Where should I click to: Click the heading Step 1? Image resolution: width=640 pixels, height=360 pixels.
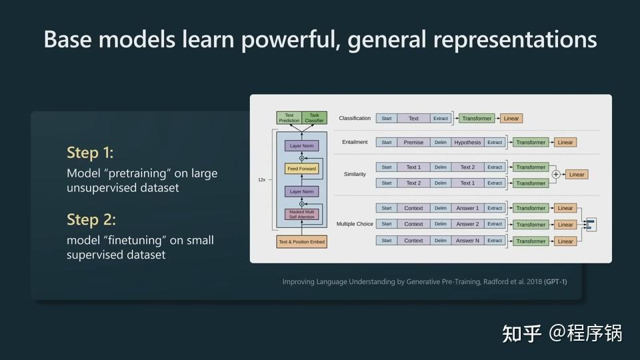point(90,153)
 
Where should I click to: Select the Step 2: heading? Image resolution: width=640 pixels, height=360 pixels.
point(91,219)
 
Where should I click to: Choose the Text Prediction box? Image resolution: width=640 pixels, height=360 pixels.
point(289,118)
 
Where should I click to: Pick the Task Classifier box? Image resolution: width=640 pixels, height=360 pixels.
point(315,118)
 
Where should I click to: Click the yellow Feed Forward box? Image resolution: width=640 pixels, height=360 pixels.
point(302,169)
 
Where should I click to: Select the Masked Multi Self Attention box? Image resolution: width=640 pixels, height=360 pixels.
point(302,214)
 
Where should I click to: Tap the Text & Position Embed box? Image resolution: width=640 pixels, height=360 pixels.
point(302,241)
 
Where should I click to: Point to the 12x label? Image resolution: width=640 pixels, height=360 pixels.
point(263,179)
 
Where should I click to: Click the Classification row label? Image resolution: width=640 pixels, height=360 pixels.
point(355,118)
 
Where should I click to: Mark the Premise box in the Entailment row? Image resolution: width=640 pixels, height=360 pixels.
point(413,142)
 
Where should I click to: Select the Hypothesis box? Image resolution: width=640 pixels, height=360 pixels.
point(467,142)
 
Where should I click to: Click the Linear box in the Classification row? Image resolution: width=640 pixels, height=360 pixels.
point(511,118)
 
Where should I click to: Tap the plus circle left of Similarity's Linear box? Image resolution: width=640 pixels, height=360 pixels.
point(555,175)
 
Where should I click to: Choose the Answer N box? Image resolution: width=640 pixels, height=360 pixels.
point(467,241)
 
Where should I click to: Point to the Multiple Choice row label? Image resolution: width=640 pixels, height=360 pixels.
point(355,224)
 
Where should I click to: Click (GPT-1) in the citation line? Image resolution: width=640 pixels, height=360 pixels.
point(555,282)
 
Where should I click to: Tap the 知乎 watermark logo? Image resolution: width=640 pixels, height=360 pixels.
point(522,333)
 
